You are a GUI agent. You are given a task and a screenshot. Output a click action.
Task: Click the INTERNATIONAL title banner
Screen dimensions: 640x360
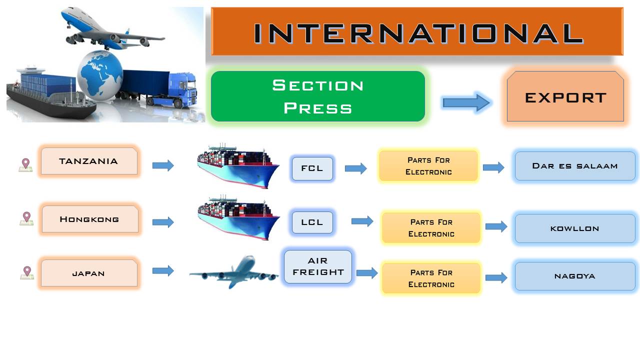(417, 31)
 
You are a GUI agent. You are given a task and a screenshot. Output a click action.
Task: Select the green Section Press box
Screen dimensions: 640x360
(318, 96)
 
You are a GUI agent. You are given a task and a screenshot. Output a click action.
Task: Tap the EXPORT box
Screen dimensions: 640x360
(565, 96)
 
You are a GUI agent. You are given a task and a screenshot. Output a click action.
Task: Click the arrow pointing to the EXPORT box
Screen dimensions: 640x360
(466, 102)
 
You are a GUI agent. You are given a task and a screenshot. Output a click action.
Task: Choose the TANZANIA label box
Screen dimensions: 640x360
(89, 161)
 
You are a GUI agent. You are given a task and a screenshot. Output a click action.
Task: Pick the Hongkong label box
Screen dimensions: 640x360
(90, 219)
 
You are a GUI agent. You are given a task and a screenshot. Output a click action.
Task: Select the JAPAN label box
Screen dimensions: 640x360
(89, 273)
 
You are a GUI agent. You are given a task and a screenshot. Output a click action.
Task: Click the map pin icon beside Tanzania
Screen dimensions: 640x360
(25, 165)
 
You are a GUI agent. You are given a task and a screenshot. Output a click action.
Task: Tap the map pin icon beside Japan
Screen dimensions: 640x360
(27, 272)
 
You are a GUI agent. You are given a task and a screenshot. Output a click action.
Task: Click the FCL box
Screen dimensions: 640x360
(312, 168)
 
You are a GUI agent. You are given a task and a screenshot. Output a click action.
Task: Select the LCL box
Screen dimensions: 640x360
(312, 222)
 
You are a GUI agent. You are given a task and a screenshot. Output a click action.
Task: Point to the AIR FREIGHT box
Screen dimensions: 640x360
(318, 266)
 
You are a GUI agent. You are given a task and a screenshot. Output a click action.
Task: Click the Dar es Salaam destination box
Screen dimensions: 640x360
(575, 166)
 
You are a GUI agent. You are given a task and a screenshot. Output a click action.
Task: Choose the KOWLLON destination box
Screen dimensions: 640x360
(575, 228)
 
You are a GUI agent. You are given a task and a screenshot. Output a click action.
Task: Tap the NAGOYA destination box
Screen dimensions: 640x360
(575, 276)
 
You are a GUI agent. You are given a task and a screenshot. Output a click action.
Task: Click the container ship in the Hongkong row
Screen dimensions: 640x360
(238, 218)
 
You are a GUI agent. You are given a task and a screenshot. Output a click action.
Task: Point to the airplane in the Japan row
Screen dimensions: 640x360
(233, 271)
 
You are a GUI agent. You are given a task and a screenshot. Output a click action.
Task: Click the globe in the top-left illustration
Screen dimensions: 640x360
(100, 75)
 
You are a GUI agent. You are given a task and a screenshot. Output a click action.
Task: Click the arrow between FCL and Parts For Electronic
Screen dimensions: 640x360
(355, 168)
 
